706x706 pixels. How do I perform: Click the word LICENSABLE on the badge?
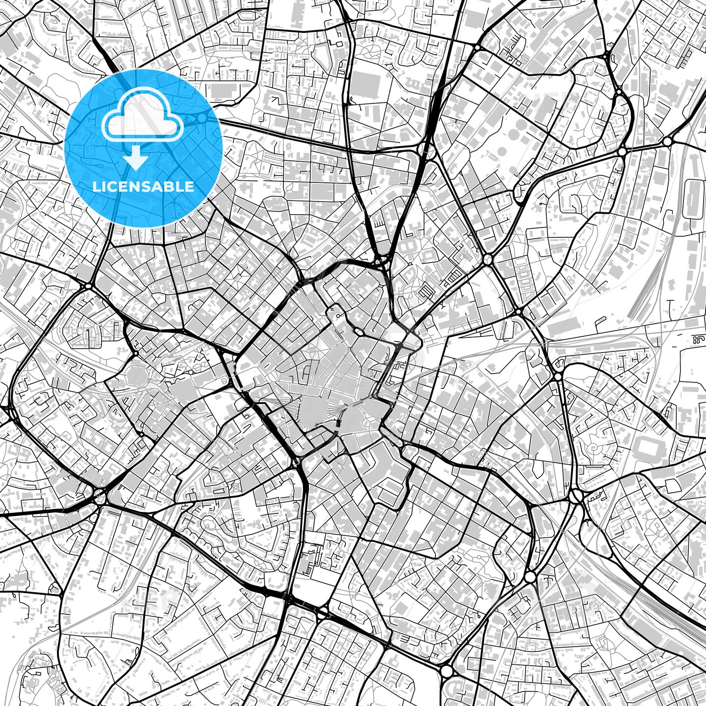click(143, 187)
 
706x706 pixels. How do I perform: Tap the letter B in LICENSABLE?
click(172, 187)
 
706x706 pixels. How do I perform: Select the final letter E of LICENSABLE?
click(190, 187)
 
